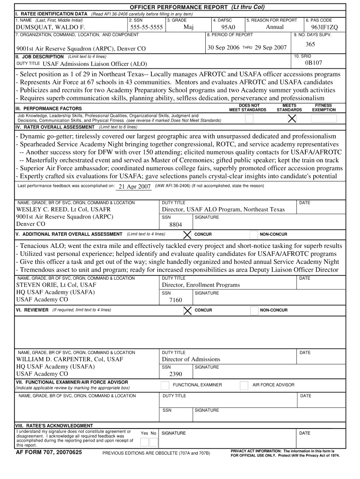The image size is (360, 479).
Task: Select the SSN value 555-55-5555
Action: [146, 28]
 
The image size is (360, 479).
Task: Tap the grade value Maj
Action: [189, 27]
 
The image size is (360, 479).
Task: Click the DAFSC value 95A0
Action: [228, 28]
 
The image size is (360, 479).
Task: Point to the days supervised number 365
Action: [310, 44]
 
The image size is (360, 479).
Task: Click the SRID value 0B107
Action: [314, 63]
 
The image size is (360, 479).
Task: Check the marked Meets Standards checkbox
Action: [292, 119]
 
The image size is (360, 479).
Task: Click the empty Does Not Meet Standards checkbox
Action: [250, 119]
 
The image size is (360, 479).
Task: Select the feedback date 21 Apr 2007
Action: [135, 186]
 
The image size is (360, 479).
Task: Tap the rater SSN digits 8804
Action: [176, 225]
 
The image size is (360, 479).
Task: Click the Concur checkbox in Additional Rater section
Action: [187, 234]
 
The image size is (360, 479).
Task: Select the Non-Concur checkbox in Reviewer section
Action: [253, 311]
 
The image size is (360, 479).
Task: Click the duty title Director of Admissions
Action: [191, 359]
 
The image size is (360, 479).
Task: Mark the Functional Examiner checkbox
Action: [165, 385]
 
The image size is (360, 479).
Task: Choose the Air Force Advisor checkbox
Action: [244, 385]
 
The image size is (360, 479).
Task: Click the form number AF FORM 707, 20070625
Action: [49, 453]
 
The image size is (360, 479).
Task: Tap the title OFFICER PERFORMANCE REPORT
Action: [179, 8]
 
